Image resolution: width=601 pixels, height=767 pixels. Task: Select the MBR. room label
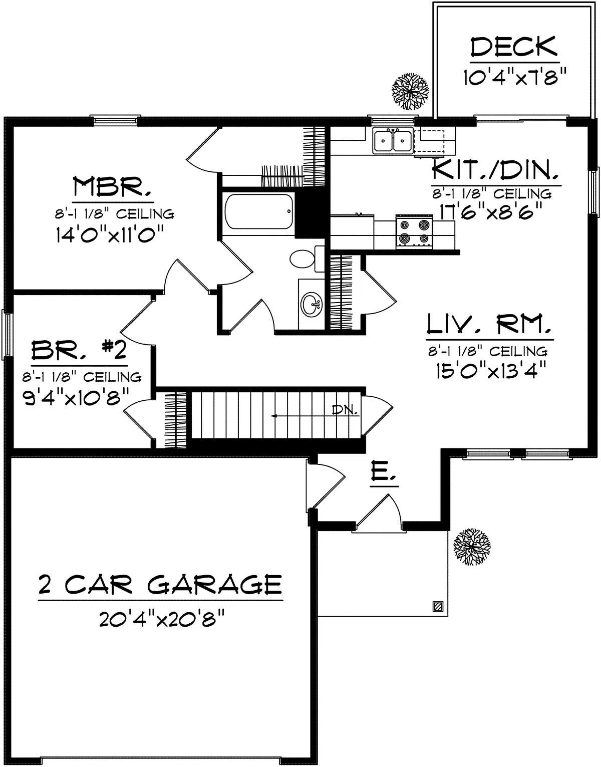coord(112,186)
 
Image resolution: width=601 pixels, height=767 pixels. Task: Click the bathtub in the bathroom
coord(259,211)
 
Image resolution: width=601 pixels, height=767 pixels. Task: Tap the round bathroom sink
coord(311,303)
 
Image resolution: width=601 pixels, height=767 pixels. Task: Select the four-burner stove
coord(415,231)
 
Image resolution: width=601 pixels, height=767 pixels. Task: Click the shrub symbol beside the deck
coord(411,91)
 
